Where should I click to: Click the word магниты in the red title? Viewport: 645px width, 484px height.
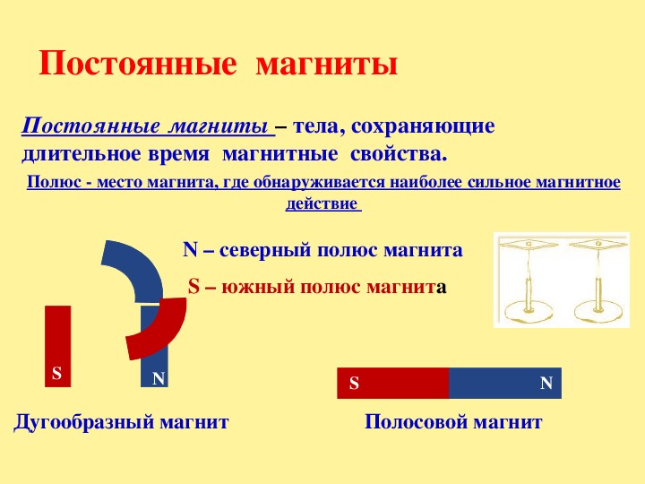click(327, 65)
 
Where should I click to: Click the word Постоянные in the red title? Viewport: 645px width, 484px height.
click(138, 64)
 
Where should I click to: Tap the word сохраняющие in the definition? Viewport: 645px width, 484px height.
click(423, 126)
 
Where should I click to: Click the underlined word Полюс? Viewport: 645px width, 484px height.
click(54, 182)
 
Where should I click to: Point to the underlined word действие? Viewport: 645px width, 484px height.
click(322, 204)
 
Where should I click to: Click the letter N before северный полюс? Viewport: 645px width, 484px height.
click(191, 250)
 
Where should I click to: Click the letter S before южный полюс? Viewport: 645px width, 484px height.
click(193, 286)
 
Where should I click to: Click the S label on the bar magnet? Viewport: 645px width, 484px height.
click(354, 384)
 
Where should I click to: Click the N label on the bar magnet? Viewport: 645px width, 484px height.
click(546, 384)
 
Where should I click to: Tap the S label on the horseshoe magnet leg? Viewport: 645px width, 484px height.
click(56, 373)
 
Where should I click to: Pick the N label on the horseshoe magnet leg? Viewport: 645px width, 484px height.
click(159, 378)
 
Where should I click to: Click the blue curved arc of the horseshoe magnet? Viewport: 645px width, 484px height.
click(140, 267)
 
